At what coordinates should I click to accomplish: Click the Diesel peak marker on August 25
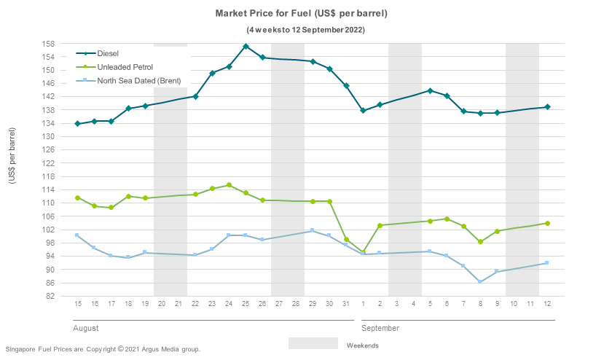point(246,47)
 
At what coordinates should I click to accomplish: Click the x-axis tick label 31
point(346,302)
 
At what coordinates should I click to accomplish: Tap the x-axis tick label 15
point(77,302)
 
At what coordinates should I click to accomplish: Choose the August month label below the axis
point(86,328)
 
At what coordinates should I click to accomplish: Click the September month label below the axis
point(380,328)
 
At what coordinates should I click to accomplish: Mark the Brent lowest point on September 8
point(480,282)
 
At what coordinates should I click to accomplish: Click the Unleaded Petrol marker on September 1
point(363,252)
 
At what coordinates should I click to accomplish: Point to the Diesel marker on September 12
point(547,107)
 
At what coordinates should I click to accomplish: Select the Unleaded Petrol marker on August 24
point(229,185)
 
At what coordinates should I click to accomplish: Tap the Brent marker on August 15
point(77,235)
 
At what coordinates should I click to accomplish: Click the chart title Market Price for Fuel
point(301,14)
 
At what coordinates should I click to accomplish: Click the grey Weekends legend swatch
point(313,343)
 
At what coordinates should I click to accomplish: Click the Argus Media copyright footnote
point(103,349)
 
